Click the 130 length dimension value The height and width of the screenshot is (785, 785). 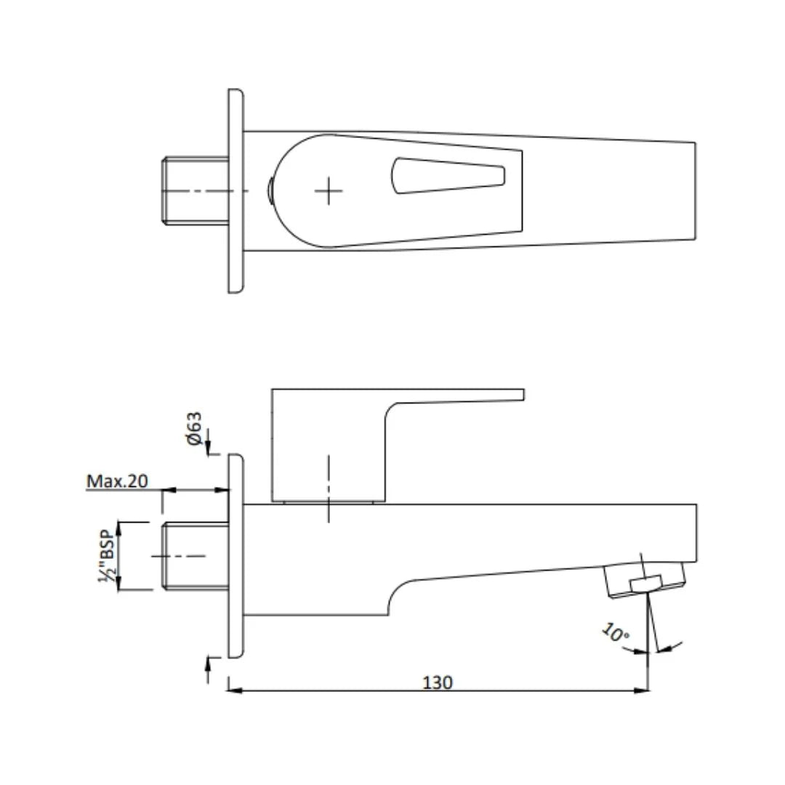click(438, 683)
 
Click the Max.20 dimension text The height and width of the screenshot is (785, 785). click(118, 481)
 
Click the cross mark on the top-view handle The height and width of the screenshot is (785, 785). click(329, 190)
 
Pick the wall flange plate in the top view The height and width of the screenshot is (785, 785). click(235, 190)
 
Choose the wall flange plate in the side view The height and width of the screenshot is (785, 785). click(235, 556)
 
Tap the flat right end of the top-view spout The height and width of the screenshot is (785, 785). click(695, 190)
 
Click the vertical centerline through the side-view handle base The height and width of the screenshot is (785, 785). click(329, 488)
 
